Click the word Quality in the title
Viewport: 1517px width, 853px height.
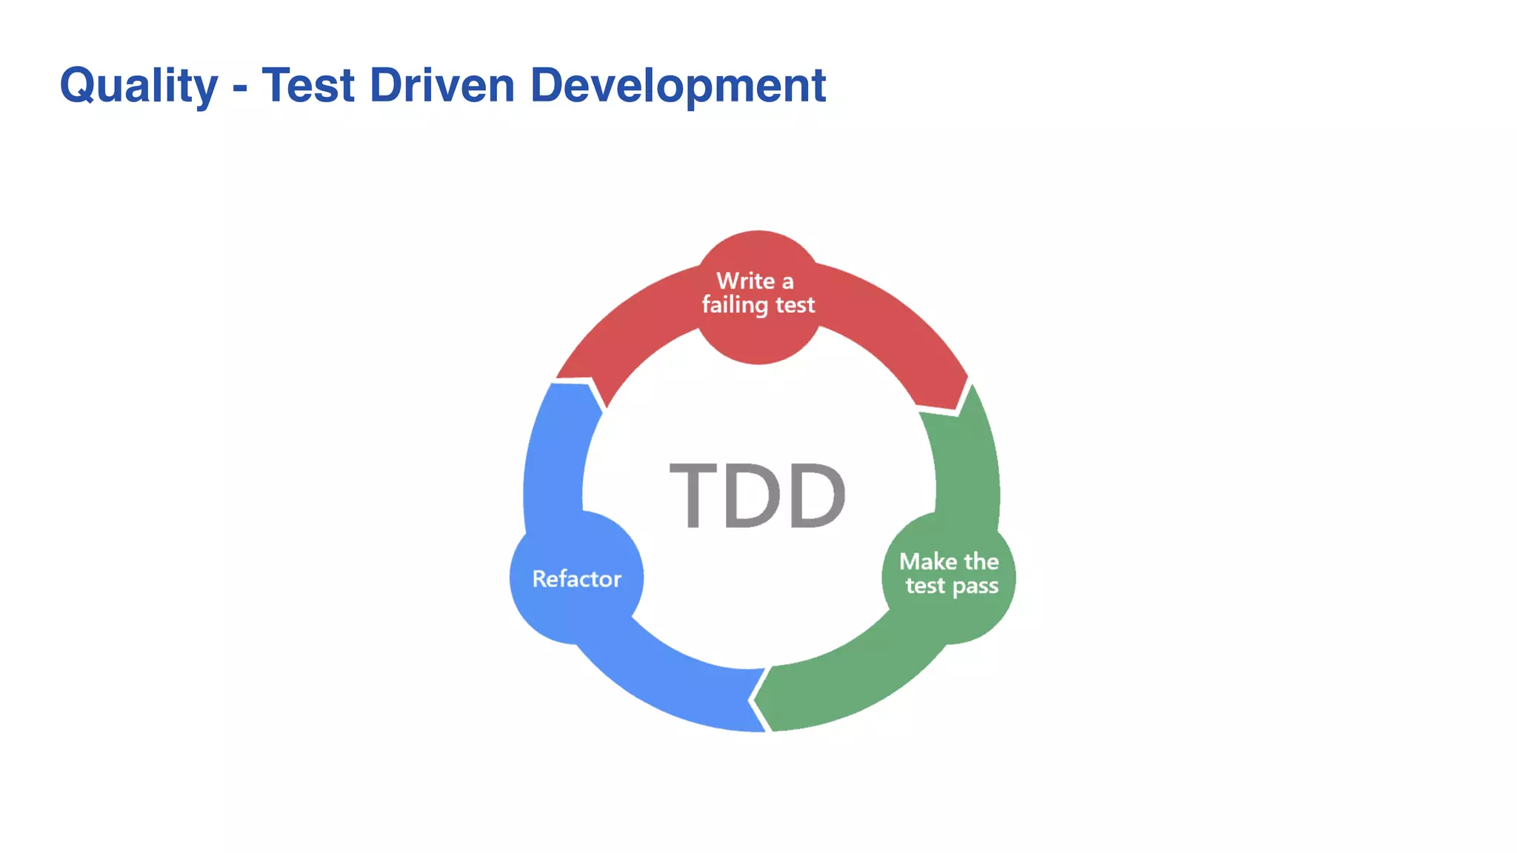(139, 86)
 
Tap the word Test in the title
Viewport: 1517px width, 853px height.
(308, 86)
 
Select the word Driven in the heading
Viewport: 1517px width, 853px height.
(441, 86)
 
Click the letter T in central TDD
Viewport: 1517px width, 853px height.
(693, 495)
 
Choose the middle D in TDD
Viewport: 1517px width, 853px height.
(753, 495)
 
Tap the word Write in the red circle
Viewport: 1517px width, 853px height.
(745, 281)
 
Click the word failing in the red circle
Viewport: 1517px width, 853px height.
(735, 305)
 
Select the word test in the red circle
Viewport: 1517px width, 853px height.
(795, 305)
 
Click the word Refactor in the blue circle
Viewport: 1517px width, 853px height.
(576, 579)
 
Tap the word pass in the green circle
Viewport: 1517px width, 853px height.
(975, 586)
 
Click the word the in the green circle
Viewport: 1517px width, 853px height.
(981, 561)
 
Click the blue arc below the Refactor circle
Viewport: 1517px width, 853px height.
(667, 681)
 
